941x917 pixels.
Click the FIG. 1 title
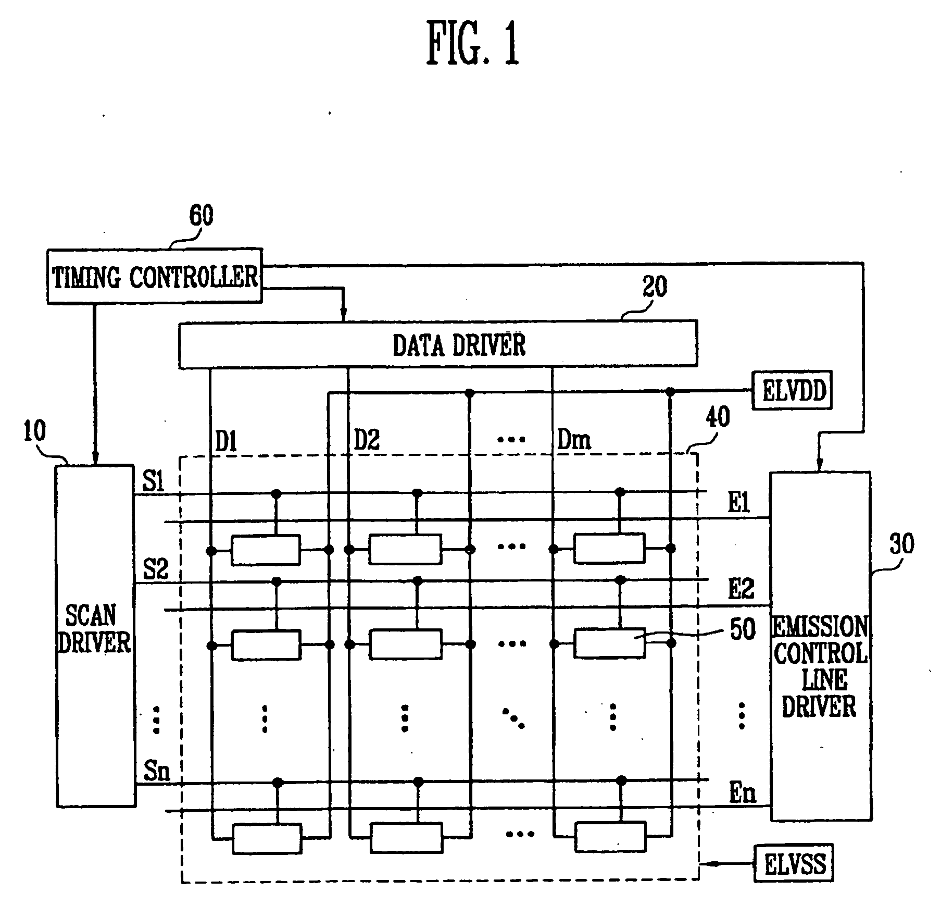[473, 44]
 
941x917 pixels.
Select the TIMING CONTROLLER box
[154, 276]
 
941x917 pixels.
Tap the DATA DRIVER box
[437, 344]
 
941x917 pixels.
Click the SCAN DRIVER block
[95, 636]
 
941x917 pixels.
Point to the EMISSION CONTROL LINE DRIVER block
[820, 646]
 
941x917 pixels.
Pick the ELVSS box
[794, 864]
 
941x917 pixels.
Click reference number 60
[201, 215]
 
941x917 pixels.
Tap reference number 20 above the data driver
[654, 287]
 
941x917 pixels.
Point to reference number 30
[901, 544]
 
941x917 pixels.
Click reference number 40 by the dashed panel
[718, 417]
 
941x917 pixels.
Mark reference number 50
[743, 629]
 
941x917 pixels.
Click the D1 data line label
[226, 442]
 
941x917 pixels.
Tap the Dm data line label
[574, 441]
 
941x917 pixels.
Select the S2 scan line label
[155, 569]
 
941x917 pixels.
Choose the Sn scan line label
[156, 770]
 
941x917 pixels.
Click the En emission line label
[742, 793]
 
